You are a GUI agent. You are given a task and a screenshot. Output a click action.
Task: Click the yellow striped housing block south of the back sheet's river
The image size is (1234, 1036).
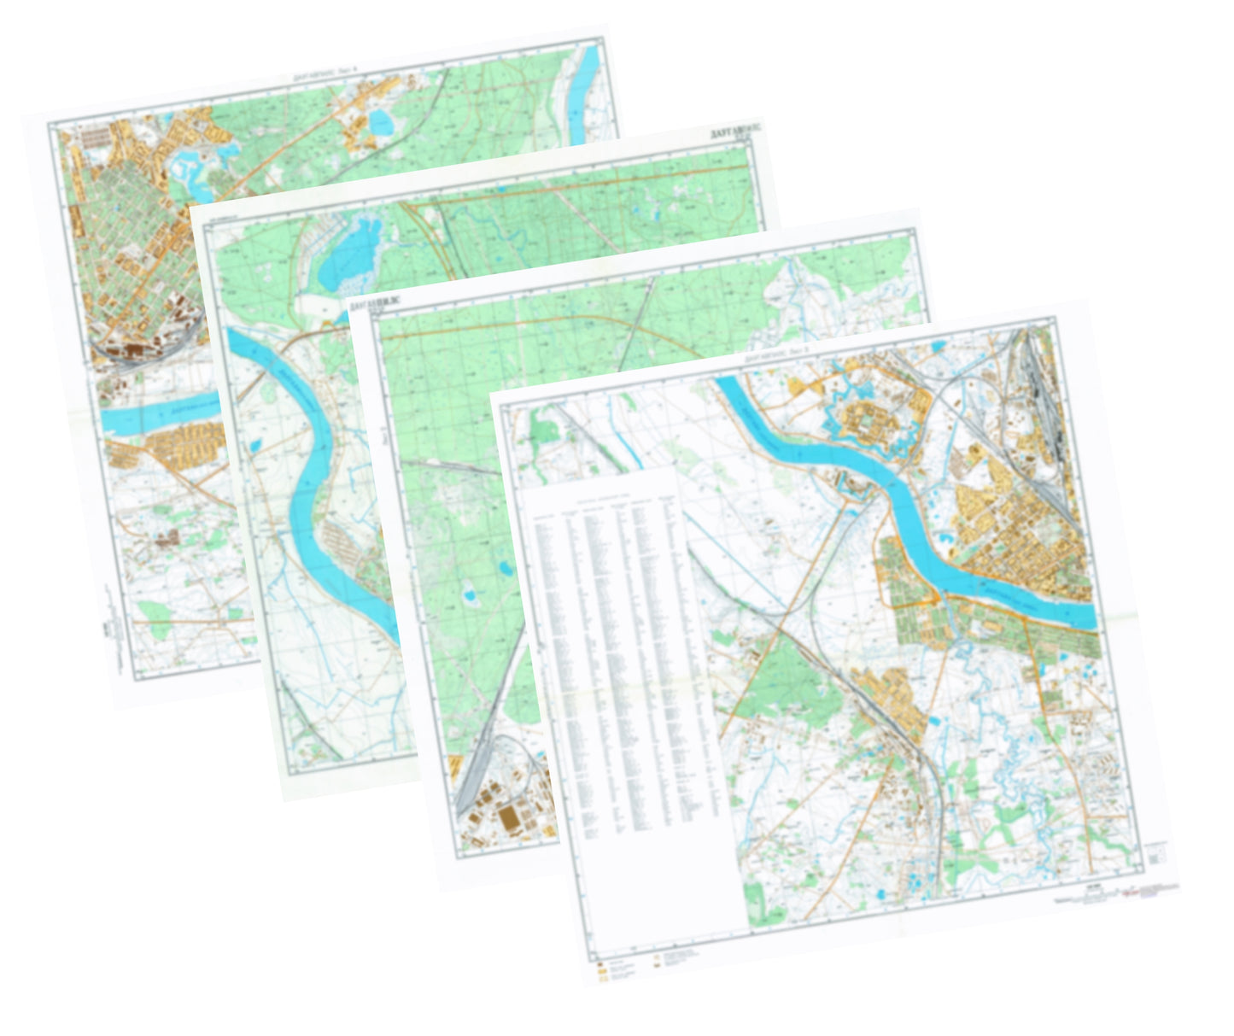tap(184, 444)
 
